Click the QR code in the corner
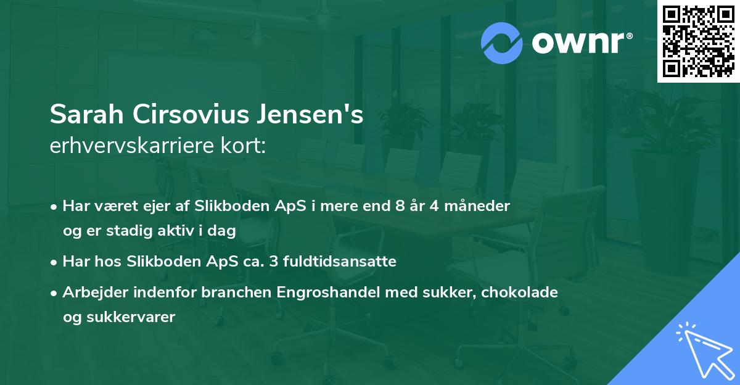[x=699, y=41]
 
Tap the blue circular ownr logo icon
[x=502, y=43]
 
